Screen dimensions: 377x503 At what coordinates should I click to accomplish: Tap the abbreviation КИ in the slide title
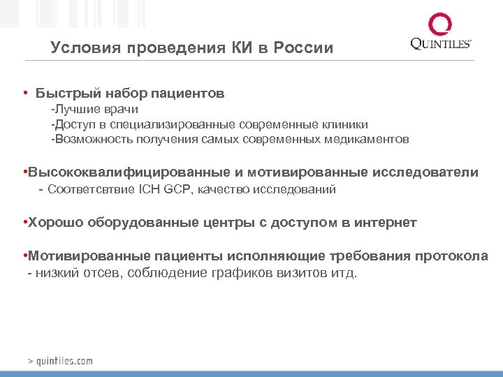pyautogui.click(x=238, y=48)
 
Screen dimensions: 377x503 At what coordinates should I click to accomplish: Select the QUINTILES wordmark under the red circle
pyautogui.click(x=441, y=45)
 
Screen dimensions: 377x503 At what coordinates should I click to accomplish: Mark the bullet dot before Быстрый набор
pyautogui.click(x=25, y=93)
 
